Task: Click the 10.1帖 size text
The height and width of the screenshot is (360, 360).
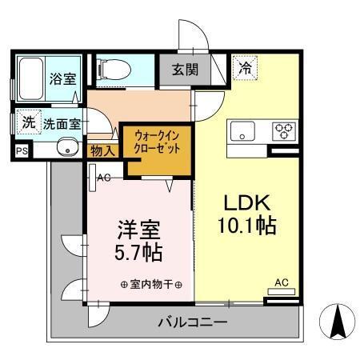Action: point(249,226)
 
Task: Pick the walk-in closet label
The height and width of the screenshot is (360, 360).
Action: point(157,143)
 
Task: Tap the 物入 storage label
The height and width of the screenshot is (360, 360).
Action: point(103,150)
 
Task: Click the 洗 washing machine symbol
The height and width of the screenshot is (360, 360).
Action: point(28,123)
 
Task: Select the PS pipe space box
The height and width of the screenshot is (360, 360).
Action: point(20,150)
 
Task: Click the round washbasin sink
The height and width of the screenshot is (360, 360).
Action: point(66,147)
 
